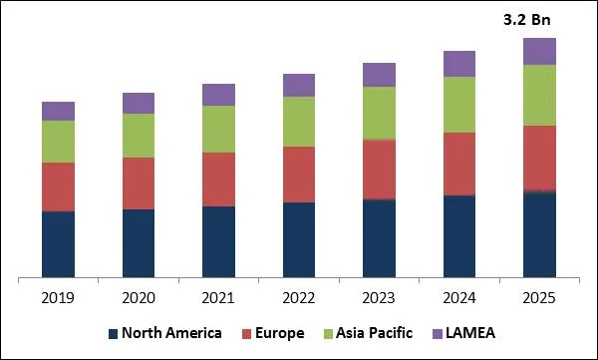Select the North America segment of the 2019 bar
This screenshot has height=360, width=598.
pos(58,243)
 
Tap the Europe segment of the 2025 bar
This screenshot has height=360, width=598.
pos(539,158)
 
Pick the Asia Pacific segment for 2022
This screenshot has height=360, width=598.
pos(299,122)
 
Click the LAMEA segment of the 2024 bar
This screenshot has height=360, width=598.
pos(459,64)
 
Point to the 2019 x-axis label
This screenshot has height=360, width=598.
pos(58,297)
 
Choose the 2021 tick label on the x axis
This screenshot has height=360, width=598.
pos(218,297)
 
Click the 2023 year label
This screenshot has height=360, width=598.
pos(379,297)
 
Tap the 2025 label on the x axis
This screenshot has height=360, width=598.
pos(539,297)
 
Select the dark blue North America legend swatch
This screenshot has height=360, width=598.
pos(113,333)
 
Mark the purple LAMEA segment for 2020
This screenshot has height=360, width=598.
pos(139,103)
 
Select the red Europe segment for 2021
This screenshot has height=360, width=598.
pos(218,180)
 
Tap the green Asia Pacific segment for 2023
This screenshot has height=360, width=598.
pos(379,113)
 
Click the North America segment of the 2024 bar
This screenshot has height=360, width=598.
pos(459,235)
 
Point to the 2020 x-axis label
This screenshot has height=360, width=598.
pos(139,297)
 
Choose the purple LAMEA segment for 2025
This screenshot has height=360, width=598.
pos(539,51)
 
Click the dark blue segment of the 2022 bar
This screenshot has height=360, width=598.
pos(299,239)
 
